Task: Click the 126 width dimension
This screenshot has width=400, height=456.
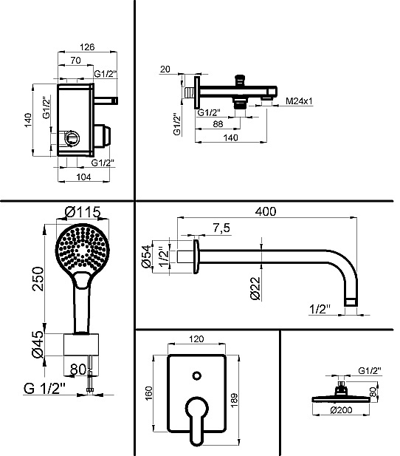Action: point(87,47)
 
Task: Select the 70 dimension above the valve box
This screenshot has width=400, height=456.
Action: point(75,61)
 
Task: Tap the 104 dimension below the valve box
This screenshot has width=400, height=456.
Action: point(83,177)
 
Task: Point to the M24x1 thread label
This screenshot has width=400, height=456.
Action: point(299,101)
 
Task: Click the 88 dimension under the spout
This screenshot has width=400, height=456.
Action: point(218,124)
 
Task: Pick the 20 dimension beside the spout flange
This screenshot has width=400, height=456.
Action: point(165,69)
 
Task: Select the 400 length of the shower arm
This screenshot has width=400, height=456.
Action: point(266,211)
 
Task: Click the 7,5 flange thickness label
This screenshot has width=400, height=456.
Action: point(221,228)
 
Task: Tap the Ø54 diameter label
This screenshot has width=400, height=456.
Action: point(146,256)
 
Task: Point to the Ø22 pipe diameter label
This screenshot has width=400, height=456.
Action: point(255,288)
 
